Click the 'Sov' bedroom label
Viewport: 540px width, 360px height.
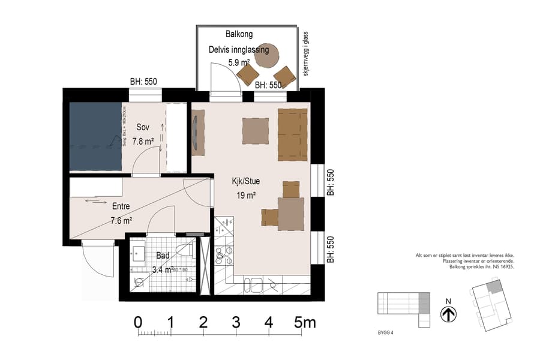click(x=142, y=127)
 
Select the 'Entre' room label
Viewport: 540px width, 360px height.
click(x=121, y=206)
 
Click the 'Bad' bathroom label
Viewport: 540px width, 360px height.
click(x=162, y=255)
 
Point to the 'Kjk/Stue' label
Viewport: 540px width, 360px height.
click(x=246, y=181)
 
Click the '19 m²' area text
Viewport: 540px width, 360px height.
click(x=247, y=195)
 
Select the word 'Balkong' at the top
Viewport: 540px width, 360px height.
click(x=239, y=34)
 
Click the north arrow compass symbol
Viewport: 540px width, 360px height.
click(x=448, y=313)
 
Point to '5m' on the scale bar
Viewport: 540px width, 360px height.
click(x=305, y=322)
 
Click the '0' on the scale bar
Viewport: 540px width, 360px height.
click(x=139, y=322)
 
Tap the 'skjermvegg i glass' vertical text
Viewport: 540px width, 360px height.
click(x=306, y=55)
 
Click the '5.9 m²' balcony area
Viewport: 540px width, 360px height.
click(x=238, y=62)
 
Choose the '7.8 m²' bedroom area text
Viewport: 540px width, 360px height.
click(x=143, y=142)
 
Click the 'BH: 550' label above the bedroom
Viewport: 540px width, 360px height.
click(x=144, y=82)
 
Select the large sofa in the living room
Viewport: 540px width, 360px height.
click(x=292, y=134)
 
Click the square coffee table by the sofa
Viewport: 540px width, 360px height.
click(x=255, y=129)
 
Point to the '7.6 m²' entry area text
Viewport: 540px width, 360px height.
click(x=122, y=220)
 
